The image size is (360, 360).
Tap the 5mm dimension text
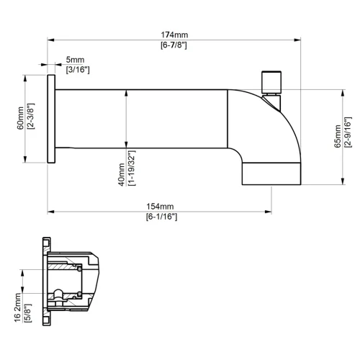click(x=75, y=59)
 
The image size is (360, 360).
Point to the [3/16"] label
click(x=77, y=70)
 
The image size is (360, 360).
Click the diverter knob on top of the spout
click(x=270, y=81)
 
